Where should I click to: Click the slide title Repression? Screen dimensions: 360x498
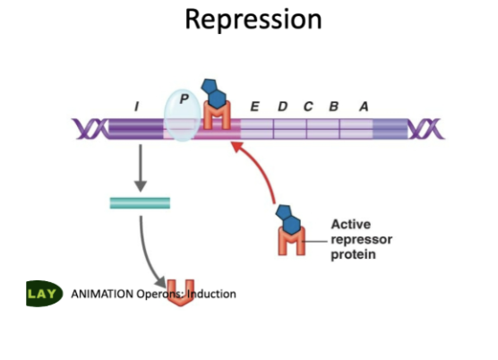pos(253,19)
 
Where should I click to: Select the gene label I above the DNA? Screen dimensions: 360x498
pos(136,107)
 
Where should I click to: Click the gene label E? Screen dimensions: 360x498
pos(255,107)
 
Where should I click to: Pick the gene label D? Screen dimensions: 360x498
pos(282,107)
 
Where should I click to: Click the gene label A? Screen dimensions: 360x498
pos(364,107)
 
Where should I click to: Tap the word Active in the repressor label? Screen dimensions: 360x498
pos(350,225)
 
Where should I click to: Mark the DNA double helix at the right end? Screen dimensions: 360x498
pos(425,131)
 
